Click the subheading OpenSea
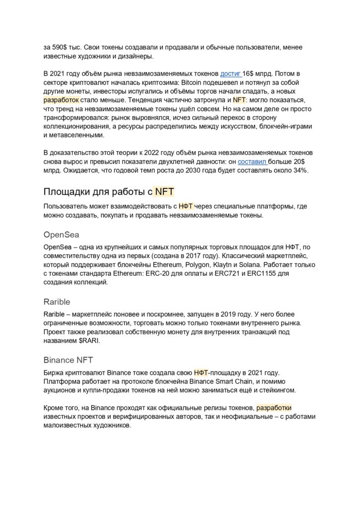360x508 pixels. tap(62, 234)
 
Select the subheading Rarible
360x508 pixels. tap(57, 302)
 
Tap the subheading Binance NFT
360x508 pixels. tap(68, 360)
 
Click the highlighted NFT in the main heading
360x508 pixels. tap(164, 191)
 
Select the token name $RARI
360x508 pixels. tap(92, 341)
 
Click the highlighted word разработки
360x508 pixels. tap(274, 408)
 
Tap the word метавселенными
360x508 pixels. tap(74, 135)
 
